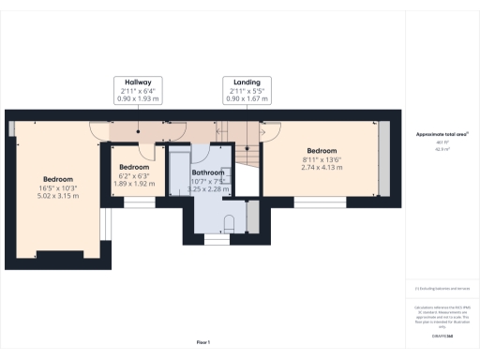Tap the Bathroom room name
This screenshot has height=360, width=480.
click(208, 173)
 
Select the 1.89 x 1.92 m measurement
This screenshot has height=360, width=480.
click(133, 184)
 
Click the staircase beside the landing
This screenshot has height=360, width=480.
click(246, 150)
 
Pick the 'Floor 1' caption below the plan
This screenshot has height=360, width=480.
click(202, 341)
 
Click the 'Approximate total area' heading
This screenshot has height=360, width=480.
click(441, 135)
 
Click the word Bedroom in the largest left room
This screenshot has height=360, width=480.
click(58, 179)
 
